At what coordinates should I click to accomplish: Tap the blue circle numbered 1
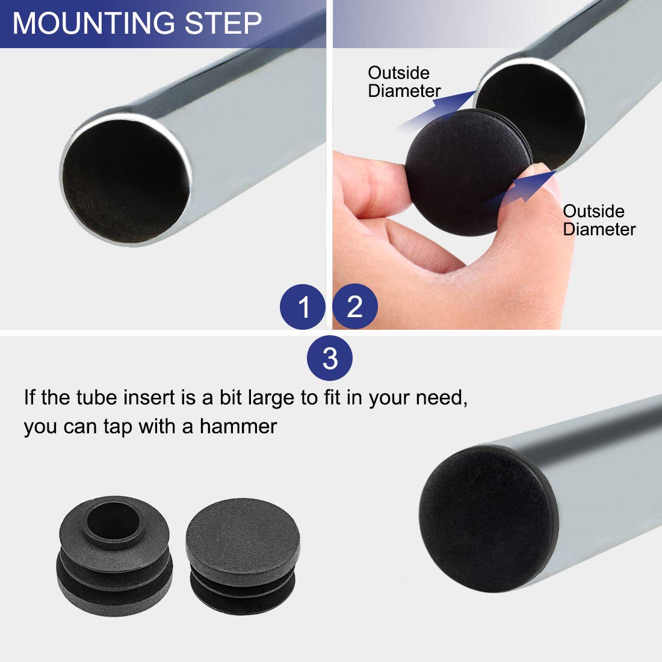(303, 307)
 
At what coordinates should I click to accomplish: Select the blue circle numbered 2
(355, 307)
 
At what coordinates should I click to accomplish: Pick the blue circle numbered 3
(330, 359)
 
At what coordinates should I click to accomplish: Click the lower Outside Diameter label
(599, 220)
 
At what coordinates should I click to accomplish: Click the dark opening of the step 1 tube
(126, 181)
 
